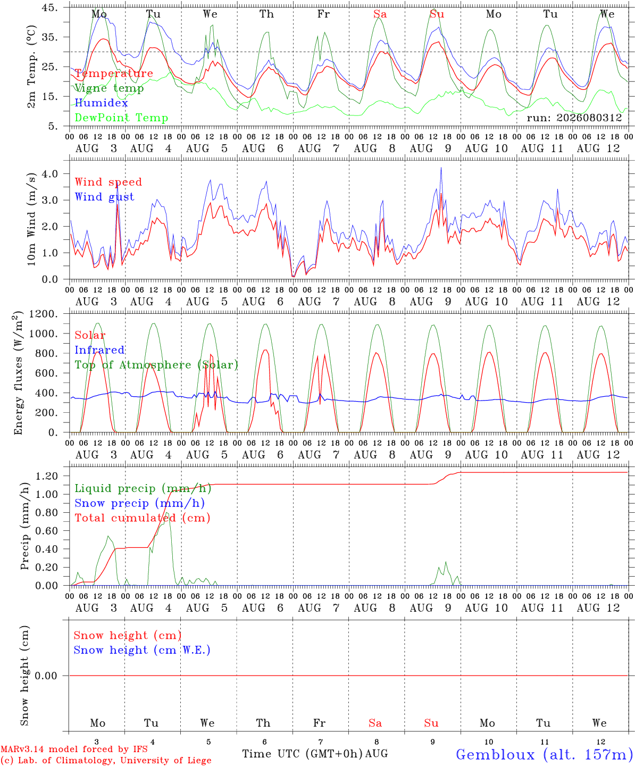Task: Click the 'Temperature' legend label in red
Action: click(114, 73)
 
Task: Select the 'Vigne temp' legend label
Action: click(109, 88)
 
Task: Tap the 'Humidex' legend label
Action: click(101, 103)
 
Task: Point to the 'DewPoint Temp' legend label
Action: click(121, 118)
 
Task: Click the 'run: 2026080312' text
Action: click(574, 118)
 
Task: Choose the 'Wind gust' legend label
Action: click(105, 197)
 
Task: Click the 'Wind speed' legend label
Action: click(108, 182)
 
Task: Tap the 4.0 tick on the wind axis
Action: click(50, 173)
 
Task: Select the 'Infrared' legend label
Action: click(99, 350)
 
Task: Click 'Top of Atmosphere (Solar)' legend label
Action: click(157, 365)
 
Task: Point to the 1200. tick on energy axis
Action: click(44, 314)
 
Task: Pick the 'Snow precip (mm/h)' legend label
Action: click(139, 503)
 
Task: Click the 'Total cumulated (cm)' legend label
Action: click(143, 518)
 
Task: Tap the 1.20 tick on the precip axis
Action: click(47, 476)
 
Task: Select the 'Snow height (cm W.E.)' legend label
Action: click(142, 650)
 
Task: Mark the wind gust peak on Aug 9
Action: click(441, 168)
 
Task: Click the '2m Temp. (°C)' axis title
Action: click(31, 67)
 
